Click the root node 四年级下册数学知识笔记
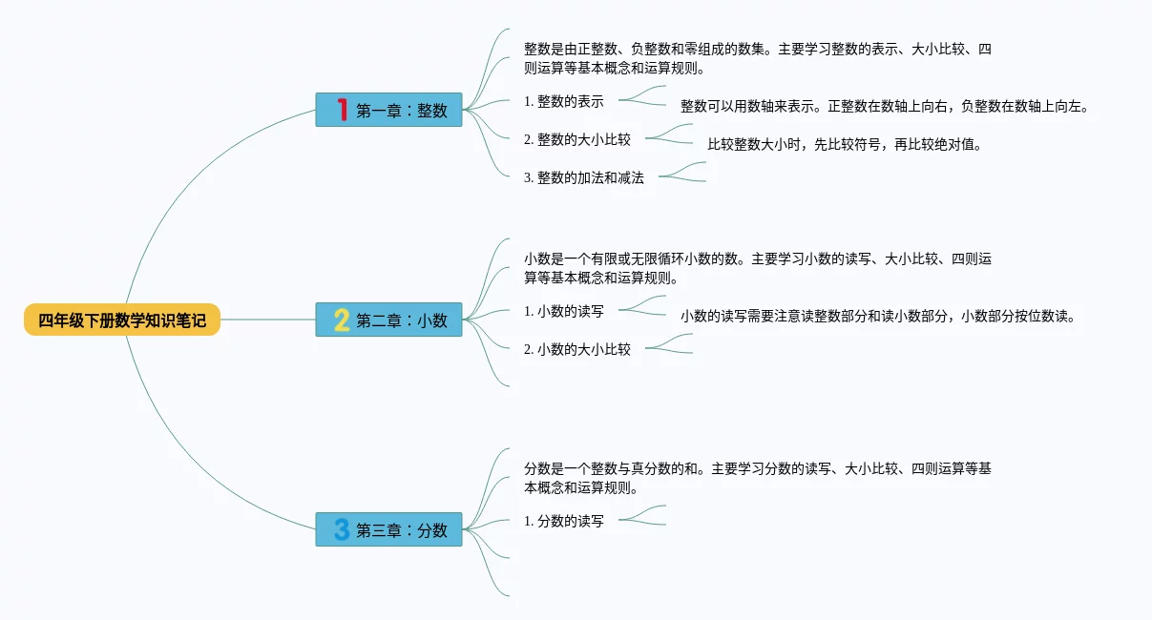[122, 320]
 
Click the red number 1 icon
[342, 110]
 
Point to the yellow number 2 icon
[341, 320]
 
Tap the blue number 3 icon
[341, 529]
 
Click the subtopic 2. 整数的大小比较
[577, 139]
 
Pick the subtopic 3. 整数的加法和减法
[584, 177]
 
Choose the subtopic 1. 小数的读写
[564, 311]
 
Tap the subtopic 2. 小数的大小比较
[577, 349]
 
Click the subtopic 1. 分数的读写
[564, 521]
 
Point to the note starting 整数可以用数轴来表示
[884, 107]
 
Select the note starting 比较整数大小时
[845, 145]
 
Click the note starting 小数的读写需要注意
[878, 317]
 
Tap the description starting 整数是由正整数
[758, 59]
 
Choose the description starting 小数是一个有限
[758, 269]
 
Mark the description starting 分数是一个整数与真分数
[758, 479]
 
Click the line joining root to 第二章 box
[267, 320]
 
